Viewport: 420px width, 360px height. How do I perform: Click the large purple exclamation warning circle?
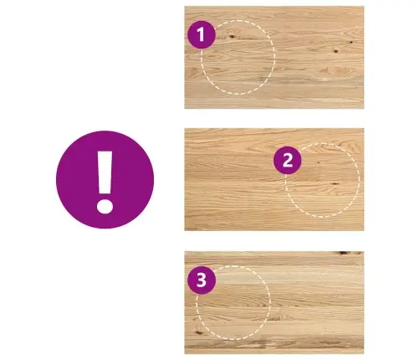click(x=105, y=179)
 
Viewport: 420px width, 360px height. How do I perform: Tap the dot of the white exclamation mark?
click(x=105, y=207)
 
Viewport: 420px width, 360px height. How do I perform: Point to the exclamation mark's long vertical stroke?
click(x=105, y=172)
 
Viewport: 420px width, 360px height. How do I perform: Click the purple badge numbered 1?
click(x=202, y=34)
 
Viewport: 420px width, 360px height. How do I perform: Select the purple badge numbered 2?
click(x=287, y=160)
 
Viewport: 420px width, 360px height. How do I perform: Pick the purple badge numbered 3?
click(x=202, y=280)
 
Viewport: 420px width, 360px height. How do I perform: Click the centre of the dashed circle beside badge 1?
click(x=238, y=57)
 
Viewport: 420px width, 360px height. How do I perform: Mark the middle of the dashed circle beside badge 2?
click(x=322, y=180)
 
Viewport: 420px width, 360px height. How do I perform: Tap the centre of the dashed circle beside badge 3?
click(x=233, y=303)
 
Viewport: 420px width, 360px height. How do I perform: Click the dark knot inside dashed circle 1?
click(x=232, y=36)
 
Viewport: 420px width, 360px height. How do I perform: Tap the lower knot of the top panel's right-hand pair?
click(x=335, y=51)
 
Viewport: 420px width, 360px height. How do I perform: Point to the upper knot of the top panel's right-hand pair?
click(x=351, y=42)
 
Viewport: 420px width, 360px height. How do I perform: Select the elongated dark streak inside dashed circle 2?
click(x=335, y=184)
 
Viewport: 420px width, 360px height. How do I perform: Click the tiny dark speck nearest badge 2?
click(x=319, y=162)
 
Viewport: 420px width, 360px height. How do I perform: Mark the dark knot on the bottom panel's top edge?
click(x=343, y=253)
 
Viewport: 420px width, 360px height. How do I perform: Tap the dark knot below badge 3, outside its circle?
click(x=198, y=332)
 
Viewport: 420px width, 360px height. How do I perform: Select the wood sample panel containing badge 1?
click(x=274, y=58)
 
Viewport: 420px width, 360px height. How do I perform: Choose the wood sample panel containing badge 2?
click(x=274, y=179)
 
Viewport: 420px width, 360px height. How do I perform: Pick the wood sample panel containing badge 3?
click(x=274, y=303)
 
